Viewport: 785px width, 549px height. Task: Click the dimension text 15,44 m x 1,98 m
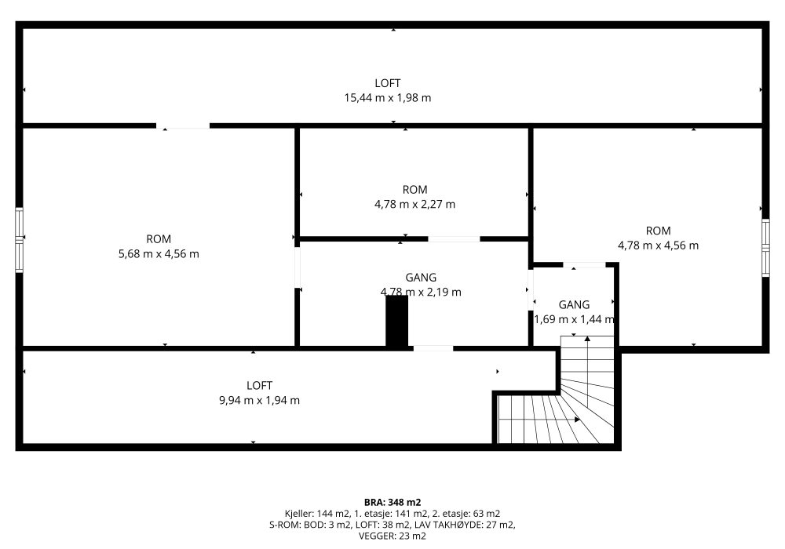(x=388, y=97)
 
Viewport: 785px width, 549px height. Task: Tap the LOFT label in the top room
(x=388, y=83)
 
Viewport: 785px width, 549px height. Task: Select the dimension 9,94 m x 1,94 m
(x=259, y=400)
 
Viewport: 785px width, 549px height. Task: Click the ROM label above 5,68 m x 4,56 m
(x=159, y=239)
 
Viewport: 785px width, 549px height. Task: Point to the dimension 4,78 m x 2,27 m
(x=415, y=204)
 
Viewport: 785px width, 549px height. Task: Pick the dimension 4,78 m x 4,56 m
(x=659, y=245)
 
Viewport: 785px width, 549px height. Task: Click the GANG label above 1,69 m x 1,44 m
(x=575, y=304)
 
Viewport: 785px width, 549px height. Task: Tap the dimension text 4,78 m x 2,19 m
(x=421, y=292)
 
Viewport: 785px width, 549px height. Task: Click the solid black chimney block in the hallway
(x=396, y=321)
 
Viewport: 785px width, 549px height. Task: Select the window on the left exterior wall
(x=19, y=240)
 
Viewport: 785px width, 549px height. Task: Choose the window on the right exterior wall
(x=765, y=248)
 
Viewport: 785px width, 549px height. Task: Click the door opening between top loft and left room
(x=183, y=126)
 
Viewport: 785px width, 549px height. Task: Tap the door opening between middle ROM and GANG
(x=454, y=239)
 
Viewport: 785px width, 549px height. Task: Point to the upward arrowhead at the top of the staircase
(x=587, y=339)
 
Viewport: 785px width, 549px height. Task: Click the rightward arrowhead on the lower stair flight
(x=577, y=420)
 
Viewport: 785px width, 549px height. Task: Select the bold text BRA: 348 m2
(x=392, y=502)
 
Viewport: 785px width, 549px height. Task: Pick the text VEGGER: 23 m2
(x=392, y=536)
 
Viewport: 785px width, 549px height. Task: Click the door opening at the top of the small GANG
(x=585, y=265)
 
